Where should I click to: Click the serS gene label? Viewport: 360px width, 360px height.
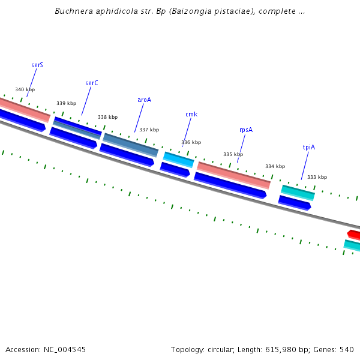tap(37, 65)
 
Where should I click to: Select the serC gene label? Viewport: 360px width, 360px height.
tap(92, 83)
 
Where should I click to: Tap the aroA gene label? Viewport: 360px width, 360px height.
tap(144, 100)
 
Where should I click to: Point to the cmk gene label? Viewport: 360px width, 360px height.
tap(191, 114)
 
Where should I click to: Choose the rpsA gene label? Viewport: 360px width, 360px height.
tap(246, 130)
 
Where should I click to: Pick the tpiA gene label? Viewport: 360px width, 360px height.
tap(309, 147)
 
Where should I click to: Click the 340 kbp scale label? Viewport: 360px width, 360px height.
tap(25, 89)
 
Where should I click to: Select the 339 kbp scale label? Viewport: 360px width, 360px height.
tap(67, 103)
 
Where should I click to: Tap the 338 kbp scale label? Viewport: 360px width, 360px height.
tap(108, 117)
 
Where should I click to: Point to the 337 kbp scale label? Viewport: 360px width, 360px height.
tap(149, 130)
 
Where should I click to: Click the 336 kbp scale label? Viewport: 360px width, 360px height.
tap(191, 142)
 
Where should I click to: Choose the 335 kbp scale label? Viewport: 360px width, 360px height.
tap(233, 154)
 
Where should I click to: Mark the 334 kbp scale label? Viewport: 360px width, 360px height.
tap(275, 166)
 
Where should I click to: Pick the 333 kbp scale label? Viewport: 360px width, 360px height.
tap(317, 177)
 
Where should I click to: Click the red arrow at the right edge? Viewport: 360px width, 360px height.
tap(353, 234)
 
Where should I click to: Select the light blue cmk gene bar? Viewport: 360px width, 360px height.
tap(179, 160)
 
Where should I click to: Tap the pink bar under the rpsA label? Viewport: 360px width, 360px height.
tap(234, 175)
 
